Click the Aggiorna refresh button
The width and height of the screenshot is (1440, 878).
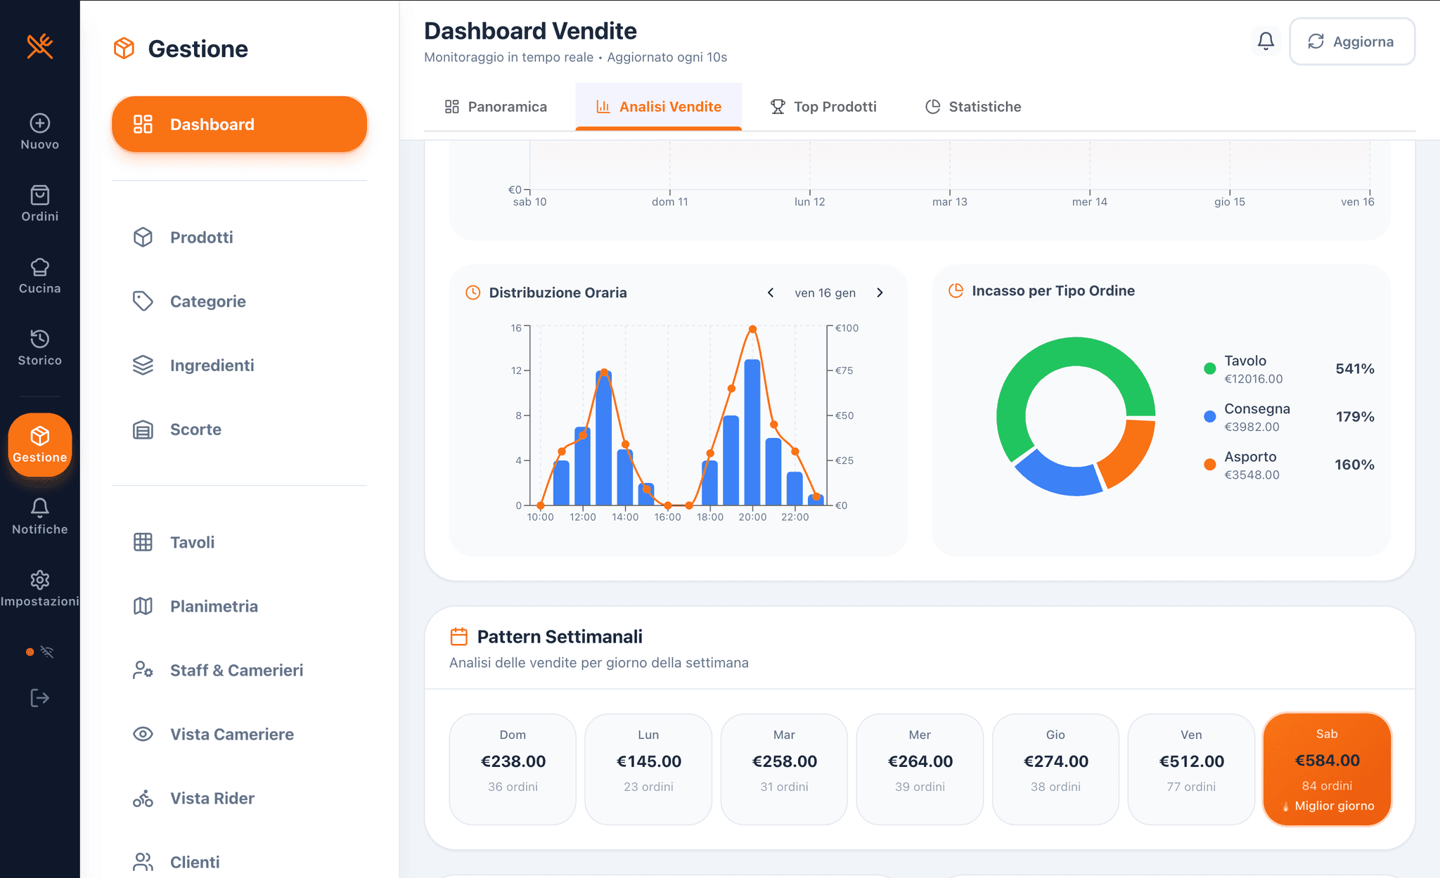coord(1351,41)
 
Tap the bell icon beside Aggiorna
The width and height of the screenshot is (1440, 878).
coord(1266,41)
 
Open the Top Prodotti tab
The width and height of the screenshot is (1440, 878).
coord(823,107)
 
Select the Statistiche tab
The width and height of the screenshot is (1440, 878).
coord(973,107)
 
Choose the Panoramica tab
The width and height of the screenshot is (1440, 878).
coord(496,107)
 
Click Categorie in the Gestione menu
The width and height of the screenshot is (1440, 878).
coord(207,302)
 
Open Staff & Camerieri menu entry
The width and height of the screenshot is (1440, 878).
coord(236,671)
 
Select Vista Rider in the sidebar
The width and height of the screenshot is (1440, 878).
coord(212,799)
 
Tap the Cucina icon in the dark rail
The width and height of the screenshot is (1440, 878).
coord(40,276)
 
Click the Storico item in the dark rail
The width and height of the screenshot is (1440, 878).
coord(40,347)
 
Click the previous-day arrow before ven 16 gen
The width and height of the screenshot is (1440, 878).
coord(771,293)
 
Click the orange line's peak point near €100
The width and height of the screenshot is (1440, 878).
coord(752,329)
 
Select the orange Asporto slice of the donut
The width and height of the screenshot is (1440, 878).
coord(1127,453)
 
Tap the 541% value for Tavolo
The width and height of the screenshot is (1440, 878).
coord(1354,369)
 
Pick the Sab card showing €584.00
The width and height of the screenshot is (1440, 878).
coord(1327,769)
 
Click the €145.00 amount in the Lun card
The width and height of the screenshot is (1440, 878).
coord(648,761)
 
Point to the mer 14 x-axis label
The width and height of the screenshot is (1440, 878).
coord(1089,202)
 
